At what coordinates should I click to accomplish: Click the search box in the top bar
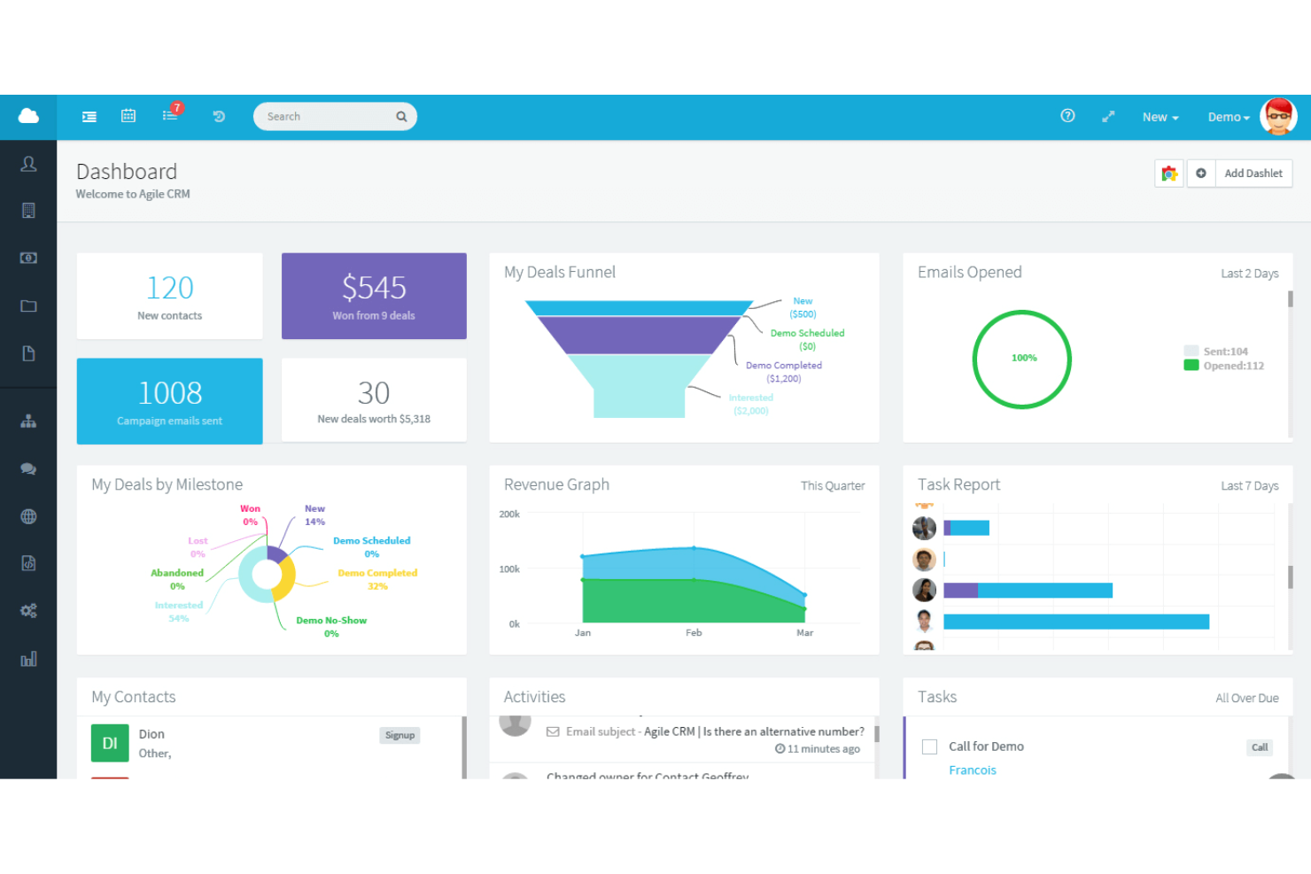click(328, 117)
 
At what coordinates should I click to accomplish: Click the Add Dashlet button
click(1253, 174)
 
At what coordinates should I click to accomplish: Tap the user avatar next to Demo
click(1278, 117)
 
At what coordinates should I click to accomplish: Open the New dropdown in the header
click(1160, 117)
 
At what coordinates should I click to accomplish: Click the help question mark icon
click(1067, 116)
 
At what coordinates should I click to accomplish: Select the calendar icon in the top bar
click(128, 116)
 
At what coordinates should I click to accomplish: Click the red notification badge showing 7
click(177, 108)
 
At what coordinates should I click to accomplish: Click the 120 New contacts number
click(170, 288)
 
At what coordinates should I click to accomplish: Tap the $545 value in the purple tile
click(374, 288)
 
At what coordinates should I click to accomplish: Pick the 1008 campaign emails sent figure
click(170, 392)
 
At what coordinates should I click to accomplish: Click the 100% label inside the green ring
click(1024, 358)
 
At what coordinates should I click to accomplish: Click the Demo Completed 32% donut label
click(377, 579)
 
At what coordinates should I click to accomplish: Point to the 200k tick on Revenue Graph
click(509, 514)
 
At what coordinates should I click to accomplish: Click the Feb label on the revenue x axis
click(694, 633)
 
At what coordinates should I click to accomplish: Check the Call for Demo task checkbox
click(929, 746)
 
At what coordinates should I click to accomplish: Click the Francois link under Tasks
click(973, 770)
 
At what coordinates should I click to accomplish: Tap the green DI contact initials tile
click(110, 743)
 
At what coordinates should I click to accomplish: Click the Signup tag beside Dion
click(400, 735)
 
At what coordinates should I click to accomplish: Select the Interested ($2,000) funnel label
click(751, 404)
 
